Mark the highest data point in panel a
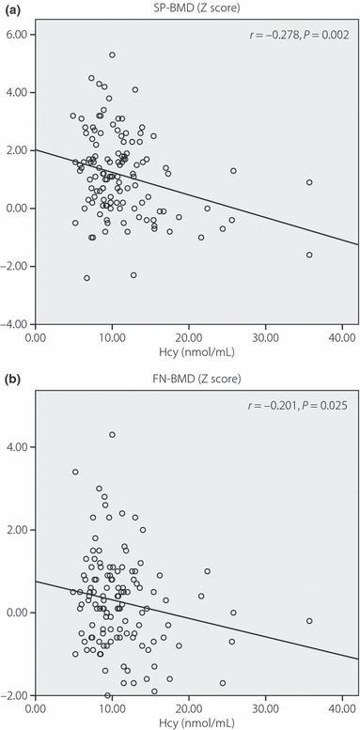(x=112, y=55)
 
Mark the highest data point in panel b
(x=112, y=435)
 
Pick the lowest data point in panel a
(x=86, y=278)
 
